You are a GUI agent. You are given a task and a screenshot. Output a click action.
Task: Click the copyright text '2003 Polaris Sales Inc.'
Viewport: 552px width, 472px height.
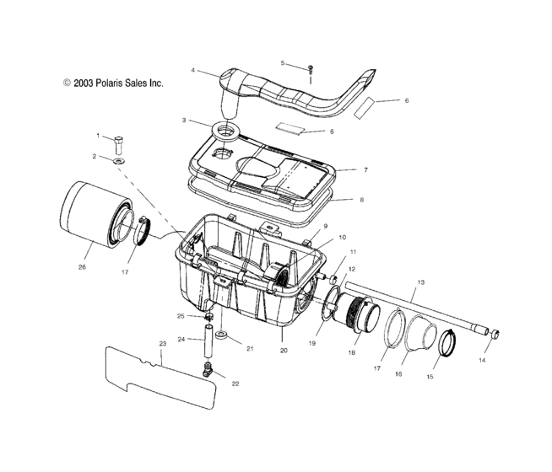point(111,83)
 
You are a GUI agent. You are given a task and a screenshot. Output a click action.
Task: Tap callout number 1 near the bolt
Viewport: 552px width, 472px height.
point(98,135)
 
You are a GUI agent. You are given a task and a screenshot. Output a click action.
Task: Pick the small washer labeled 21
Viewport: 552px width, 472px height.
point(220,335)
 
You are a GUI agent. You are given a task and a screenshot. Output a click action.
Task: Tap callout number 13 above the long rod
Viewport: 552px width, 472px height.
point(419,281)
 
